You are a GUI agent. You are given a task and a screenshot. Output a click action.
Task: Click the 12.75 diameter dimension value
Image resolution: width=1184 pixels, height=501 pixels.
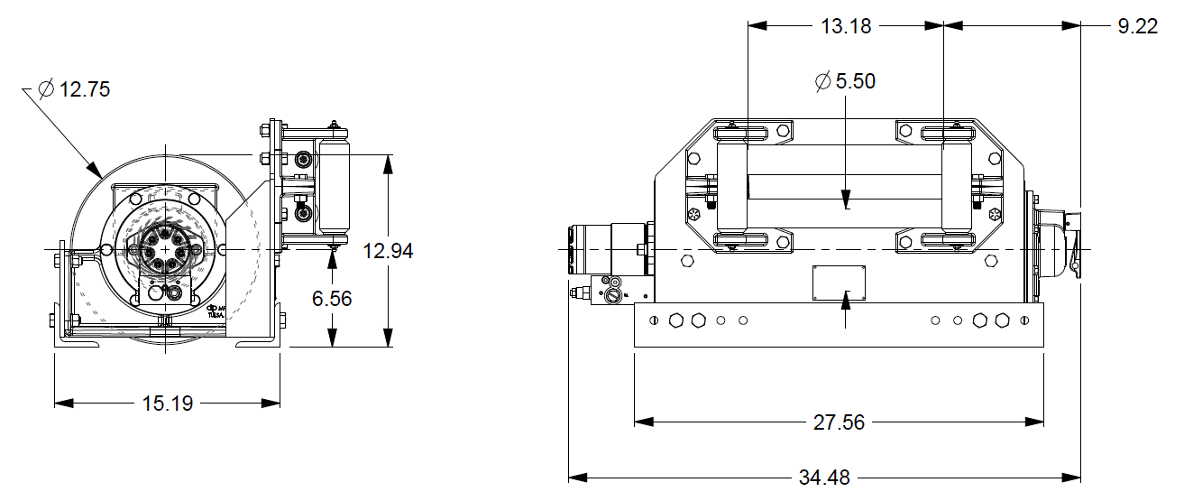[x=85, y=89]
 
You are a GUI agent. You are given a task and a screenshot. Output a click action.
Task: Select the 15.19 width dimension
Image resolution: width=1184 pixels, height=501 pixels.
[x=168, y=404]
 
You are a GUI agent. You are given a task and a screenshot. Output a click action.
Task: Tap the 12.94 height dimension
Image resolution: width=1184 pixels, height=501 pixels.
[x=388, y=251]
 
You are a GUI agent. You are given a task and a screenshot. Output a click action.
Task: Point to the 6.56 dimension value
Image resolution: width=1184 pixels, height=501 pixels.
[x=333, y=298]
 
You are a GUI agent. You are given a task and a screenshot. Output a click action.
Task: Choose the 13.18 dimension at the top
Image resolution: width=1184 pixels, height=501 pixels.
[x=846, y=26]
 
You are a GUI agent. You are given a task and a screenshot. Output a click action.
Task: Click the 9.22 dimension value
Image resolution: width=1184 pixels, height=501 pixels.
[x=1137, y=26]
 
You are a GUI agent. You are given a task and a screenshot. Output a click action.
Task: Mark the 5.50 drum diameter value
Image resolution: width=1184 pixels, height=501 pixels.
[x=855, y=81]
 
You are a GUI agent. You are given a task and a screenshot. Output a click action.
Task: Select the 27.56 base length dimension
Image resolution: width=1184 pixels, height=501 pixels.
[x=840, y=422]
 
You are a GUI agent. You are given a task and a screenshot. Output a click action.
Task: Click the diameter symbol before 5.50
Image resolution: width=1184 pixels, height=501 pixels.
[x=822, y=81]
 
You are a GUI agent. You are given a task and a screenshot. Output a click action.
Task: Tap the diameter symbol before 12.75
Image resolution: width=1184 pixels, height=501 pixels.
[x=46, y=89]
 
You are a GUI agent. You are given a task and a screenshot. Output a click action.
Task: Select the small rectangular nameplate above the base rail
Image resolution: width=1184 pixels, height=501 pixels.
[x=839, y=282]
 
